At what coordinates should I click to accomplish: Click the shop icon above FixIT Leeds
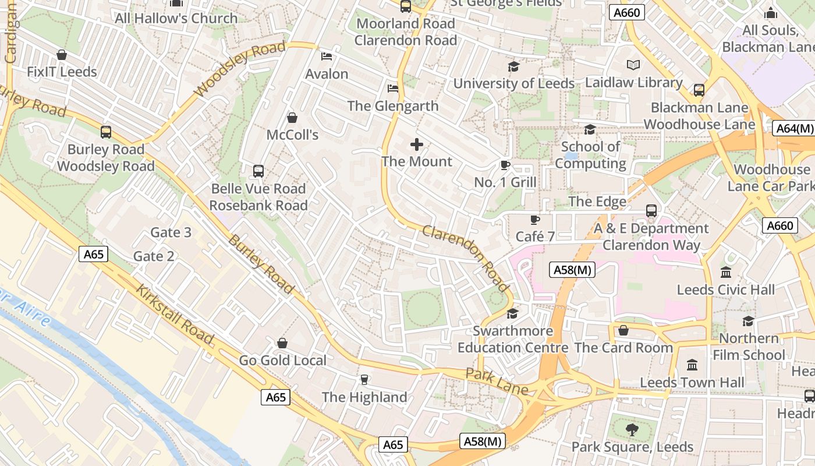click(62, 55)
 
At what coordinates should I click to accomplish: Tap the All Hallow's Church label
click(176, 18)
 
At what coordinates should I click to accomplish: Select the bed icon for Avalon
click(327, 57)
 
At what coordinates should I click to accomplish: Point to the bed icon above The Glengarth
click(393, 89)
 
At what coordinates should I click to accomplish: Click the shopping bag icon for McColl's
click(292, 118)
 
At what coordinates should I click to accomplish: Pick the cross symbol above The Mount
click(417, 144)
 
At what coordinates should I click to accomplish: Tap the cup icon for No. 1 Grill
click(505, 165)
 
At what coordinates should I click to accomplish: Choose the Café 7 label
click(535, 236)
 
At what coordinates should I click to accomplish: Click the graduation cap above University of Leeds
click(513, 66)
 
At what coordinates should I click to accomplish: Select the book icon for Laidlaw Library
click(633, 65)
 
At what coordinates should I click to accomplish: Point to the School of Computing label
click(590, 155)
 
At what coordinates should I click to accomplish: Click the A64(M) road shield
click(793, 128)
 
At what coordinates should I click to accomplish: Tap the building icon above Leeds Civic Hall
click(726, 272)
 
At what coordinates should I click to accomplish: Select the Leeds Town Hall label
click(692, 383)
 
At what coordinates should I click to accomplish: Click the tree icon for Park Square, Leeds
click(632, 430)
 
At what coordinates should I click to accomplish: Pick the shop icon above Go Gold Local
click(282, 343)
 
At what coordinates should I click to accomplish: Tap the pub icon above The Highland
click(364, 380)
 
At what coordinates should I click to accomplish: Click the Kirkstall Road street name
click(175, 315)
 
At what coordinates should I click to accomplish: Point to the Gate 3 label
click(171, 232)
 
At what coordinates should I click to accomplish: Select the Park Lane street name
click(497, 382)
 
